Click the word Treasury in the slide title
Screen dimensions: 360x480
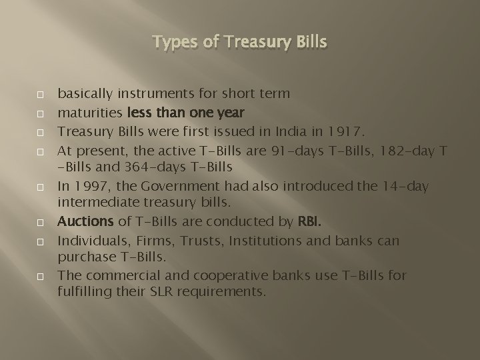[253, 43]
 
